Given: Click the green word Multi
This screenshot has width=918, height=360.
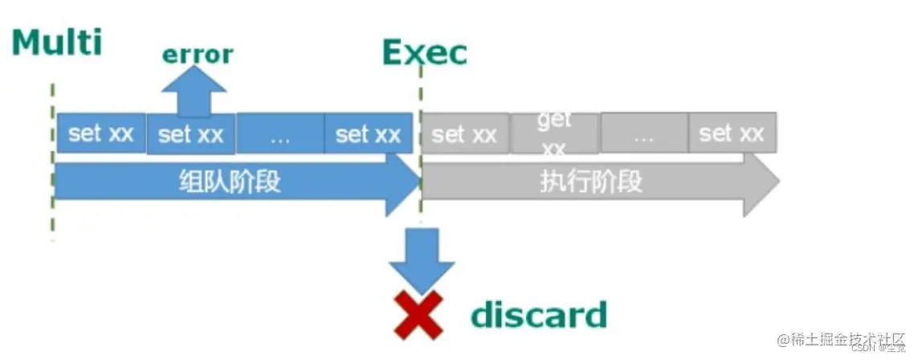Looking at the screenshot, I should (x=57, y=41).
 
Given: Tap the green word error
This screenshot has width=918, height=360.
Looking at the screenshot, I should (x=198, y=54).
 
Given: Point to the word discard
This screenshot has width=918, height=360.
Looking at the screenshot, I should (x=539, y=314).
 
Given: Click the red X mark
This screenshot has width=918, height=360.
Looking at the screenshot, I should (x=418, y=314).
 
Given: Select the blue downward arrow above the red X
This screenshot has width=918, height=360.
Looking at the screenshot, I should (x=421, y=257).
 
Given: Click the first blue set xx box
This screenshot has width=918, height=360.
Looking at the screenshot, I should (x=101, y=133).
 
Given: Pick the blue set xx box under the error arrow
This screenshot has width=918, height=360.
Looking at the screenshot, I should (x=191, y=134).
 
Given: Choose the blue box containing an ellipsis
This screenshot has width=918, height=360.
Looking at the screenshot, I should (x=280, y=134).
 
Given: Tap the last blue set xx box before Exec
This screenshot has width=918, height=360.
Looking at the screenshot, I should (x=368, y=134).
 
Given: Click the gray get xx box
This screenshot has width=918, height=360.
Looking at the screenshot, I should (x=554, y=134).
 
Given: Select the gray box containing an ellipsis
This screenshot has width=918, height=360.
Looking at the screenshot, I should (x=644, y=134).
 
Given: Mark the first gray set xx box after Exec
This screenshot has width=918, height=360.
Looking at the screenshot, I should (x=465, y=134).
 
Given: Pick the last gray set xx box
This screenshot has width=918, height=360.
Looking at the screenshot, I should (x=732, y=134).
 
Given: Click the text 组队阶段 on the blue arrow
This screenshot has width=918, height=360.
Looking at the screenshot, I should (x=230, y=182).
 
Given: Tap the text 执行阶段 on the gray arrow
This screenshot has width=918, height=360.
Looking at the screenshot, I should (x=592, y=182).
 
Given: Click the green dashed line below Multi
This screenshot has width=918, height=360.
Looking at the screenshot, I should (x=52, y=161).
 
